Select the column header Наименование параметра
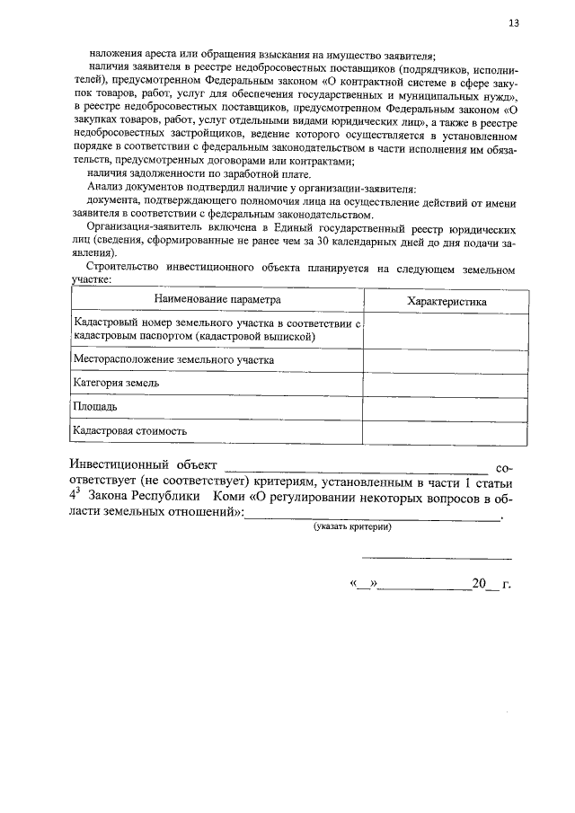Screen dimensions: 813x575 pyautogui.click(x=217, y=300)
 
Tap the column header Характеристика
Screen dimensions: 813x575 pyautogui.click(x=447, y=301)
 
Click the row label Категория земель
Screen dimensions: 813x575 pyautogui.click(x=118, y=384)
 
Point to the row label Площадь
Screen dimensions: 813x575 pyautogui.click(x=95, y=407)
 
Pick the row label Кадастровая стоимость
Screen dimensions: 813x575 pyautogui.click(x=130, y=431)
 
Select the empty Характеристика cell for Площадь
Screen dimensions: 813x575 pyautogui.click(x=447, y=407)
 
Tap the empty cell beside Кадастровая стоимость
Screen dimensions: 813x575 pyautogui.click(x=447, y=431)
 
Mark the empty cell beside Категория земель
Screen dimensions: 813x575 pyautogui.click(x=447, y=384)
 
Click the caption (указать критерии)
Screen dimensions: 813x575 pyautogui.click(x=352, y=527)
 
